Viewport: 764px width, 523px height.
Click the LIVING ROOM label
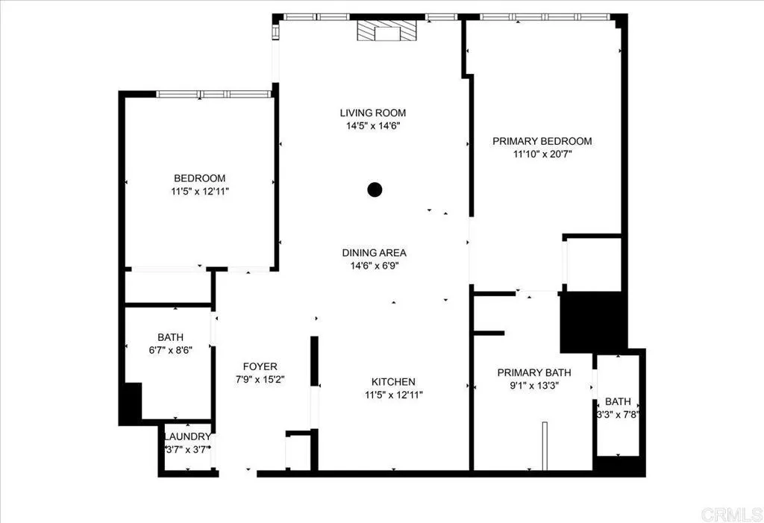click(x=373, y=113)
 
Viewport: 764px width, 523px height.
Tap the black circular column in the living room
click(x=375, y=190)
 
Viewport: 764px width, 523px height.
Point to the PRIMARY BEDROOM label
click(x=542, y=141)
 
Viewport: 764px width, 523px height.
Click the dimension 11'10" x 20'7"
click(x=542, y=154)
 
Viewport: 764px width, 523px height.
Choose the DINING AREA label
click(x=375, y=253)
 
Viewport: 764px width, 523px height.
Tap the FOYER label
click(x=260, y=366)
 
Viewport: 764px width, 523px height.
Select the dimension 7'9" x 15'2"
click(x=260, y=379)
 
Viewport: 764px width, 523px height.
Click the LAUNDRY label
click(x=187, y=436)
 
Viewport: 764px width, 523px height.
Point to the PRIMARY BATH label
click(x=533, y=372)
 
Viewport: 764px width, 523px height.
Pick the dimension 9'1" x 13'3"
click(x=533, y=386)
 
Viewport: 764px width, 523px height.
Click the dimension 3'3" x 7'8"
click(x=618, y=414)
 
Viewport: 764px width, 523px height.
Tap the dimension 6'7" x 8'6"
click(x=170, y=350)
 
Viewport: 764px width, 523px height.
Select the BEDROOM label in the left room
click(x=199, y=178)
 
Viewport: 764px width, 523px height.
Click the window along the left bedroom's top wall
click(x=214, y=94)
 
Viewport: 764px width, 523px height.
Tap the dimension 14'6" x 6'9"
click(x=375, y=266)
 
